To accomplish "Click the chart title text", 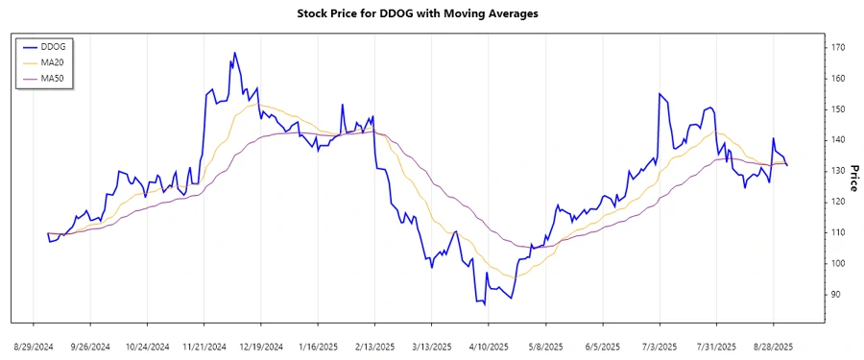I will pos(431,13).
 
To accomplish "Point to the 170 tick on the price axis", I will pos(838,47).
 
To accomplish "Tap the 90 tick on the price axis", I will pos(836,294).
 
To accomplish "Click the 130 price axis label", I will pos(838,171).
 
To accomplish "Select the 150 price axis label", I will pos(838,109).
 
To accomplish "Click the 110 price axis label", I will pos(838,232).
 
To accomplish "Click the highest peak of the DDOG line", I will pos(234,53).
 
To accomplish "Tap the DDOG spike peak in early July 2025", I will pos(660,93).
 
